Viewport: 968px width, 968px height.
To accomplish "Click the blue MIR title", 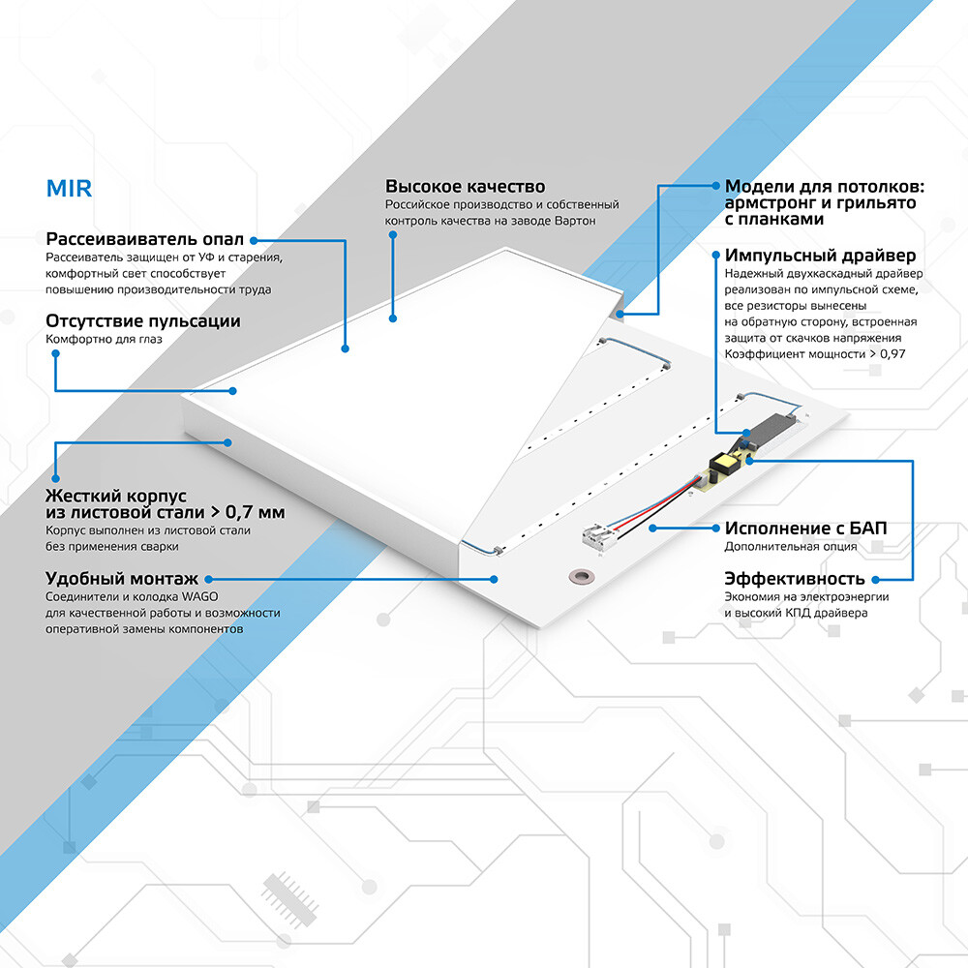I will pyautogui.click(x=69, y=188).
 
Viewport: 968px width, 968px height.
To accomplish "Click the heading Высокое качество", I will pyautogui.click(x=465, y=187).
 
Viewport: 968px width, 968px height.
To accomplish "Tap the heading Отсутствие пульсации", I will pyautogui.click(x=143, y=320).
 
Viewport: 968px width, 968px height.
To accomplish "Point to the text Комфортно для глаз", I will pyautogui.click(x=104, y=340).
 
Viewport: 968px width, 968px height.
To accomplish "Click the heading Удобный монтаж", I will pyautogui.click(x=117, y=578).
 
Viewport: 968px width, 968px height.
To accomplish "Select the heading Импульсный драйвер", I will pyautogui.click(x=820, y=257).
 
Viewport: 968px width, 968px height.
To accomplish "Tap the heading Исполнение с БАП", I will pyautogui.click(x=805, y=529).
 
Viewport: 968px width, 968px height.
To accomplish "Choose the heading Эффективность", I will pyautogui.click(x=794, y=579).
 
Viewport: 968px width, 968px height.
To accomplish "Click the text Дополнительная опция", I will pyautogui.click(x=790, y=547).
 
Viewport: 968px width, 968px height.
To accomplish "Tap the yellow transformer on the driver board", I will pyautogui.click(x=722, y=466).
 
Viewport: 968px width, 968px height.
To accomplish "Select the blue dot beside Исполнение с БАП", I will pyautogui.click(x=654, y=529).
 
